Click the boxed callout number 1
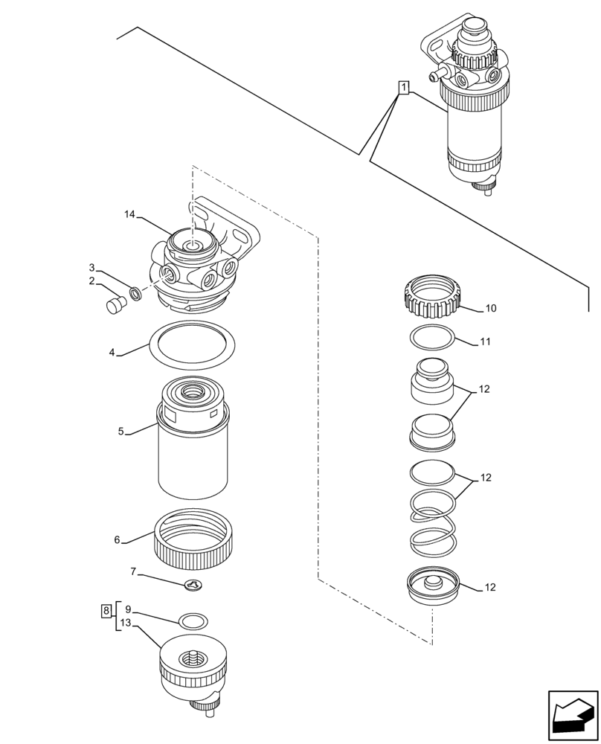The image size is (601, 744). (x=402, y=89)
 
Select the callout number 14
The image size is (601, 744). (x=129, y=215)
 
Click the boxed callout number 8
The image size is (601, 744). (x=106, y=611)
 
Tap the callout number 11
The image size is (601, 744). (x=485, y=342)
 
